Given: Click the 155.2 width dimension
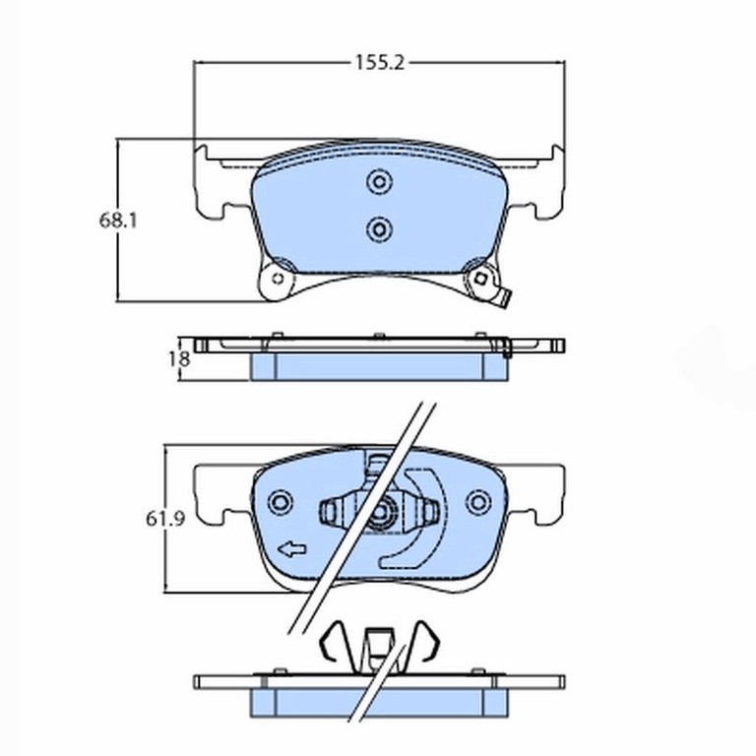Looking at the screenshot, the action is (379, 63).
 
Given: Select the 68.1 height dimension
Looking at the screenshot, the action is (118, 220).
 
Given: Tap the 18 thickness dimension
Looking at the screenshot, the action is (179, 358).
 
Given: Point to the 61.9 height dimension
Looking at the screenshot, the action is (165, 519).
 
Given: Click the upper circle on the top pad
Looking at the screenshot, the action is (379, 182).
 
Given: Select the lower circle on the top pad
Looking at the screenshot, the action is (379, 229).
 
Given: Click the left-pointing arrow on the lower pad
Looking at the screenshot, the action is (292, 549).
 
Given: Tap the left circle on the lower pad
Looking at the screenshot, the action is (281, 502).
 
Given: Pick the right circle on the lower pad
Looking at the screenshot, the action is (477, 502).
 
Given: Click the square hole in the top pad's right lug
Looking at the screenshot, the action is (480, 279).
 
